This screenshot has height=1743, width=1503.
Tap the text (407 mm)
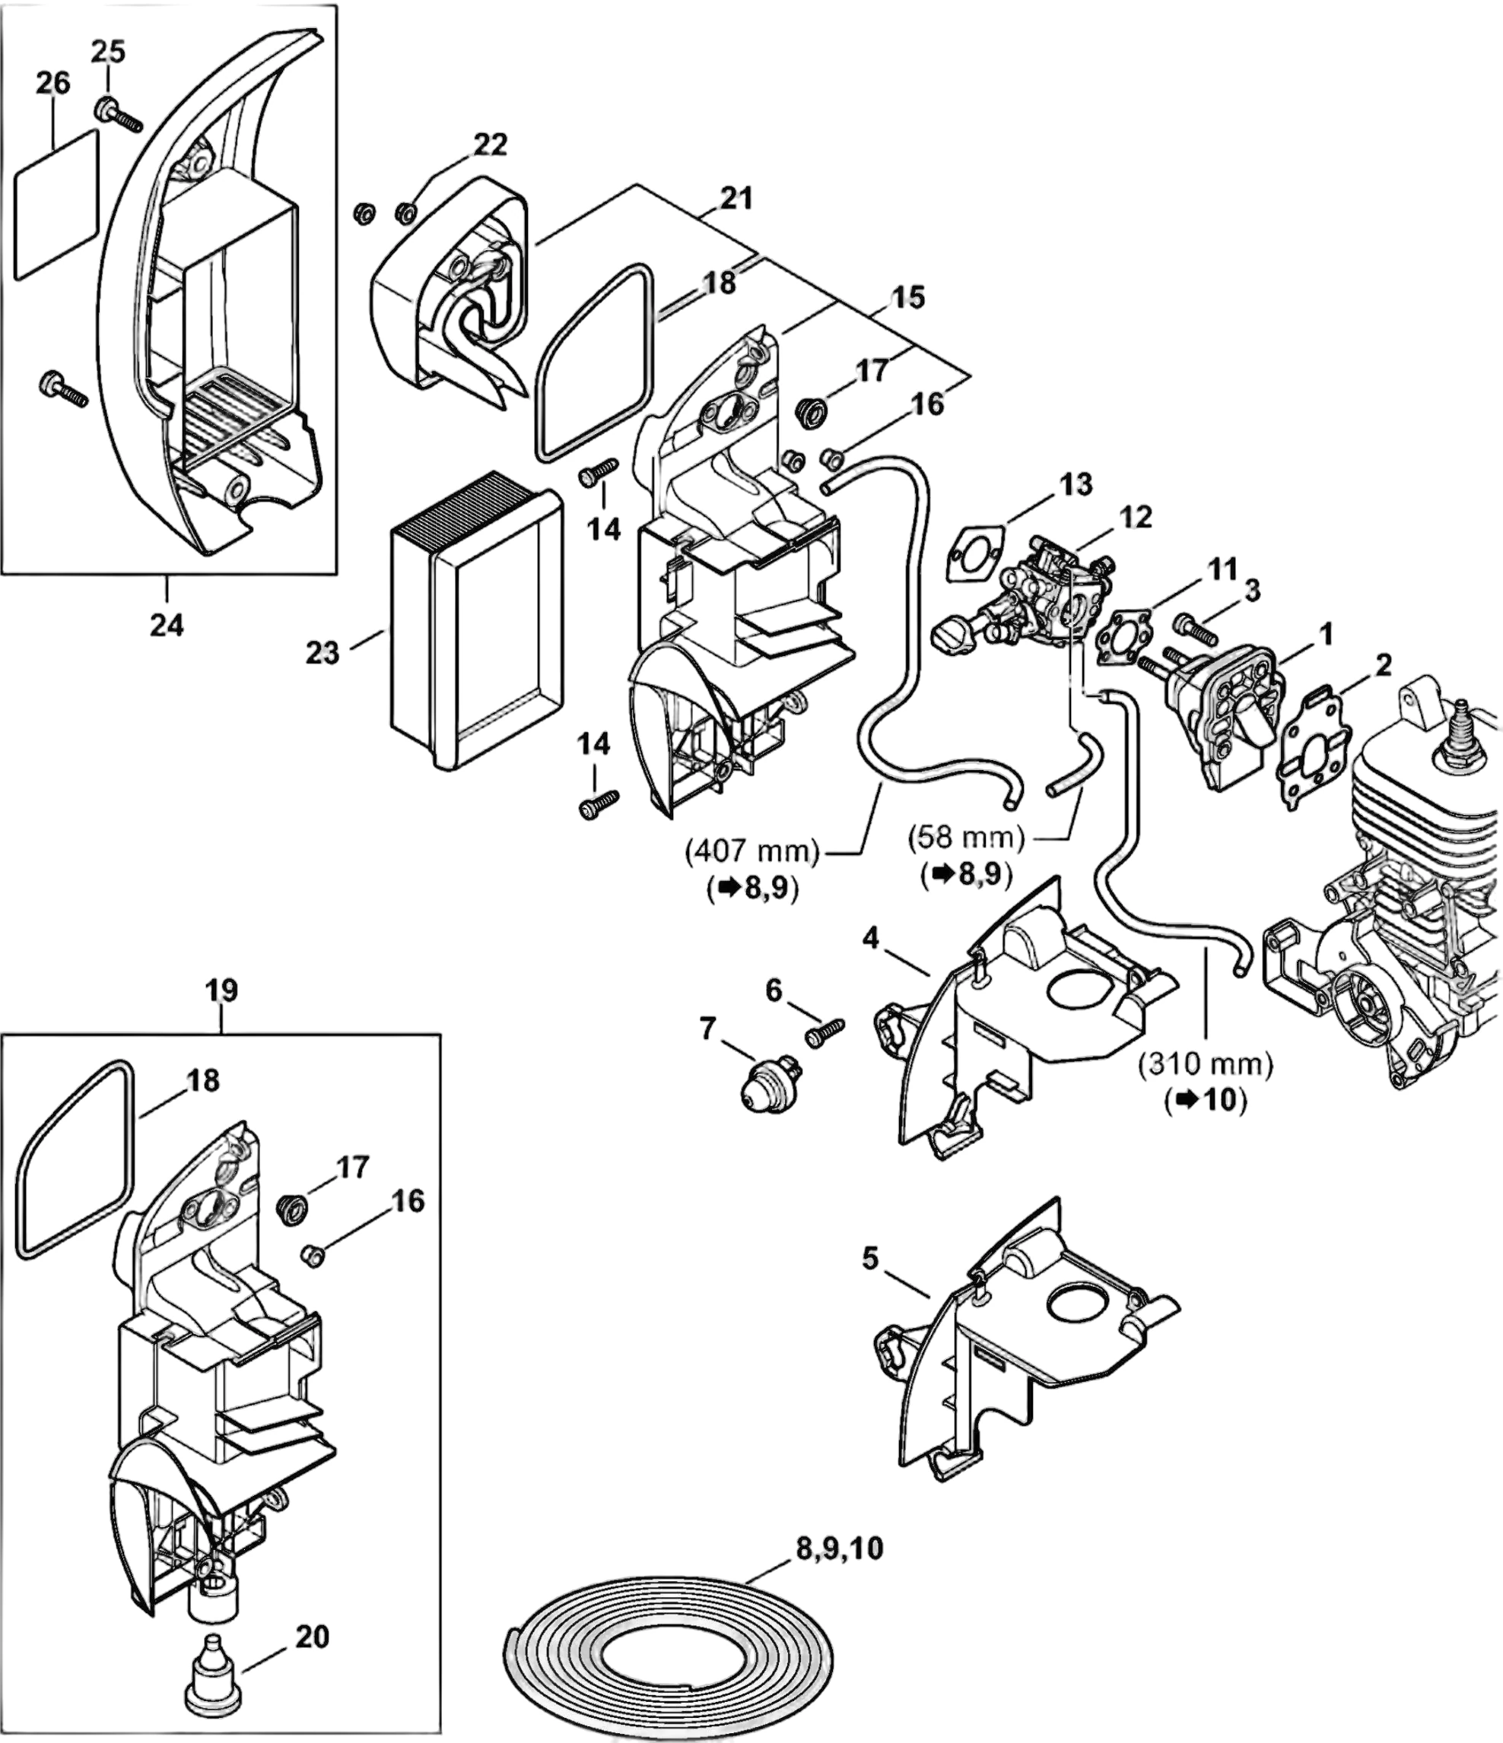click(752, 851)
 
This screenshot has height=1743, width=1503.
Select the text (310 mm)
click(1205, 1065)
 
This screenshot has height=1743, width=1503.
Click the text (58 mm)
click(967, 838)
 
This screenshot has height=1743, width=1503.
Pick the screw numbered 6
click(825, 1032)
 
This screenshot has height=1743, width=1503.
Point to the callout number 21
click(736, 198)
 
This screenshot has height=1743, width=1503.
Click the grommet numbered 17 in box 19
click(290, 1206)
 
